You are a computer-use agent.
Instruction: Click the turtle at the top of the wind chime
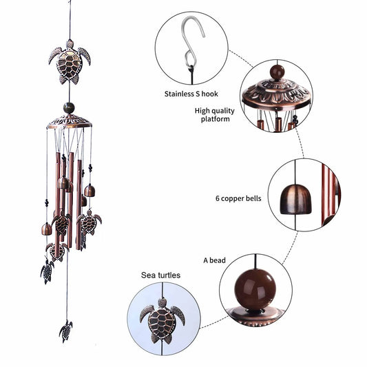coord(70,61)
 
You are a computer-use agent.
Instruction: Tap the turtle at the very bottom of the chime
coord(66,331)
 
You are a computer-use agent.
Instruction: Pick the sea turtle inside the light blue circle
coord(163,319)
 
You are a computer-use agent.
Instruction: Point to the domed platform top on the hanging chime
coord(69,121)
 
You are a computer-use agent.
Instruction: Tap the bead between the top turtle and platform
coord(69,107)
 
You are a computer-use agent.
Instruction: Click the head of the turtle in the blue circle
coord(163,302)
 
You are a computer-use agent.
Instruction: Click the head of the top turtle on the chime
coord(70,45)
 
